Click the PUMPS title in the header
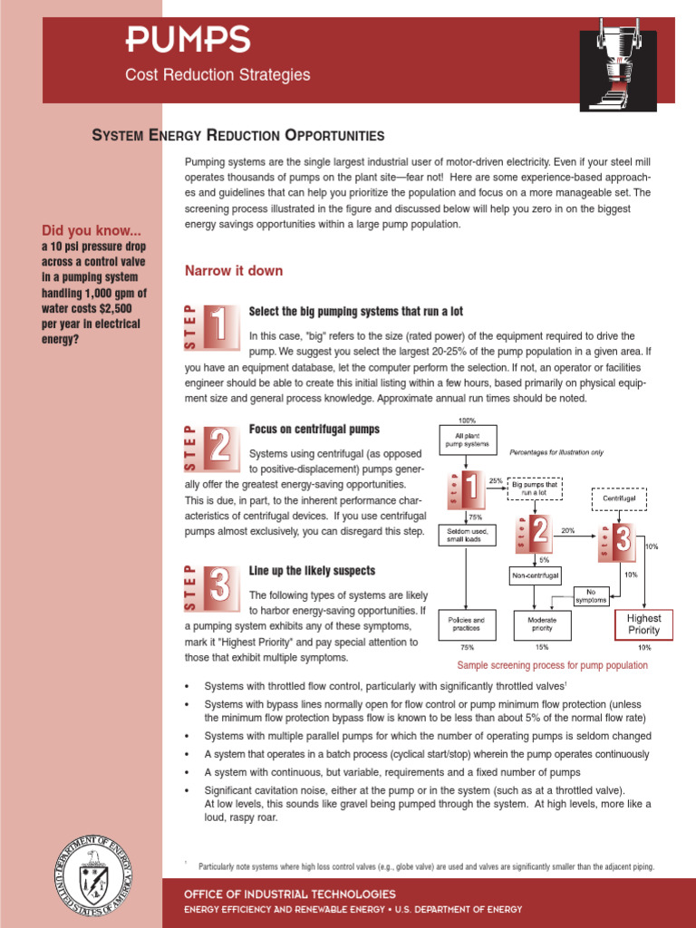click(x=188, y=39)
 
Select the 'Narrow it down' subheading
click(x=234, y=271)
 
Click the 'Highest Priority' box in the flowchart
click(x=644, y=624)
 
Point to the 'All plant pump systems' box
click(x=467, y=441)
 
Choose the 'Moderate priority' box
click(x=542, y=624)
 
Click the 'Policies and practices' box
click(x=467, y=624)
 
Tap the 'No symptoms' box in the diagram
click(x=591, y=595)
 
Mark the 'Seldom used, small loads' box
click(x=467, y=534)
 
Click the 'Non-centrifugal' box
click(x=536, y=575)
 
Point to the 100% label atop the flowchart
click(x=467, y=421)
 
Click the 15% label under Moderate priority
click(x=542, y=648)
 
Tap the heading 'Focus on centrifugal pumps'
click(x=314, y=429)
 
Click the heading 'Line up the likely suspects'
click(x=312, y=571)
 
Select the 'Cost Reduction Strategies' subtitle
click(x=217, y=75)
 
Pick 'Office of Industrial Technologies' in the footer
click(x=290, y=894)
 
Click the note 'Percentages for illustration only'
click(x=556, y=451)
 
